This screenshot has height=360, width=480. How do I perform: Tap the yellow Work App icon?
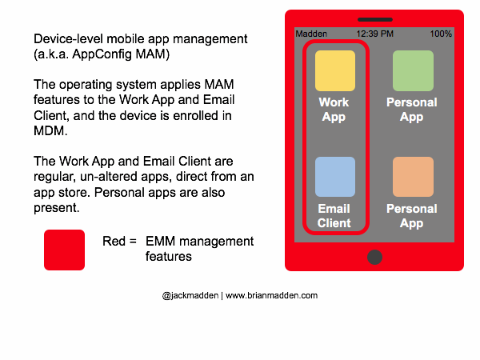point(334,71)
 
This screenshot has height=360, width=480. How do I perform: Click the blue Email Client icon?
point(334,177)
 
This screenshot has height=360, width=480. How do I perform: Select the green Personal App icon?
point(412,71)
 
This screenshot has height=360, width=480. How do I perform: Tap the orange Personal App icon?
point(412,177)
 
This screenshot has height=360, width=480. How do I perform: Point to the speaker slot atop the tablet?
point(374,19)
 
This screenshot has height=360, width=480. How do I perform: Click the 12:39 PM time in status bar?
point(374,34)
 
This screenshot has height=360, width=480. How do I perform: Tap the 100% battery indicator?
point(440,34)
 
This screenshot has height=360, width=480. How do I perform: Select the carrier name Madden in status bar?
point(311,34)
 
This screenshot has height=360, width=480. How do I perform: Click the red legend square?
point(64,250)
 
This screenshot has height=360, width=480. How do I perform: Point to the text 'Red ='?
point(120,242)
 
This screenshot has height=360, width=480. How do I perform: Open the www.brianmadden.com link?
point(272,295)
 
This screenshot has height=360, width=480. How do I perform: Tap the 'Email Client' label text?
point(334,216)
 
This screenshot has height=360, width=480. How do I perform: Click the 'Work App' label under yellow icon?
point(334,110)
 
